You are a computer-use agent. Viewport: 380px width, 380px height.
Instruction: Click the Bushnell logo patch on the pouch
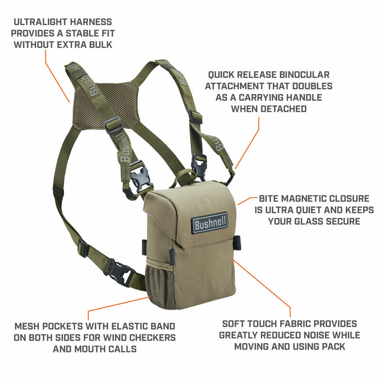click(209, 222)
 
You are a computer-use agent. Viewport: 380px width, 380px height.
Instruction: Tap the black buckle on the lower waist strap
click(117, 272)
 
